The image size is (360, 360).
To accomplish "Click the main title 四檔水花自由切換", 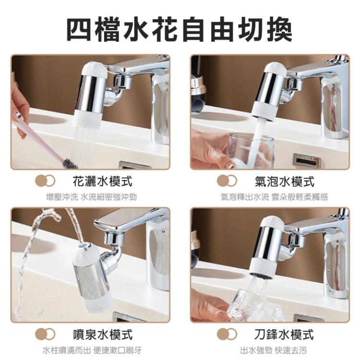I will point(180,30).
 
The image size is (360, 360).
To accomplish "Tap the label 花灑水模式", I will point(102,181).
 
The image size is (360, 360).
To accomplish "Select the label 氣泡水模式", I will point(284,181).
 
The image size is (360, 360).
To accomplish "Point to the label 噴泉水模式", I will point(102,335).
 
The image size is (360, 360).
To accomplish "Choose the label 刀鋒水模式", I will point(284,335).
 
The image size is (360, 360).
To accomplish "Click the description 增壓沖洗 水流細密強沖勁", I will point(91,197).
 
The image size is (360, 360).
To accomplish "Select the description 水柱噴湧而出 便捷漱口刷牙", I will point(92,350).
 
